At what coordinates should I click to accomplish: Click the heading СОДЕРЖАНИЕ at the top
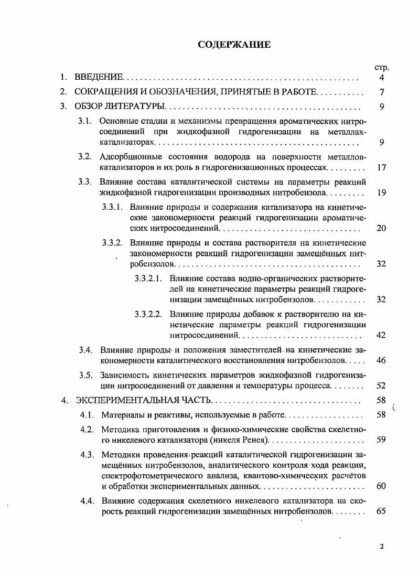234,45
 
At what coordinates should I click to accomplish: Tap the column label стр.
381,68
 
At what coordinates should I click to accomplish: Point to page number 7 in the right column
382,92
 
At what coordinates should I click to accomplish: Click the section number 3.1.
85,122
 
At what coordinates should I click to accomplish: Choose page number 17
381,168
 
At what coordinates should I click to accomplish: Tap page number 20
381,228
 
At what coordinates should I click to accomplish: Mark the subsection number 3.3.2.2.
148,314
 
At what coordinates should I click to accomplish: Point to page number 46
381,361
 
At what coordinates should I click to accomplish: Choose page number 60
381,486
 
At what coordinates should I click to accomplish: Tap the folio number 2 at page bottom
382,547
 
